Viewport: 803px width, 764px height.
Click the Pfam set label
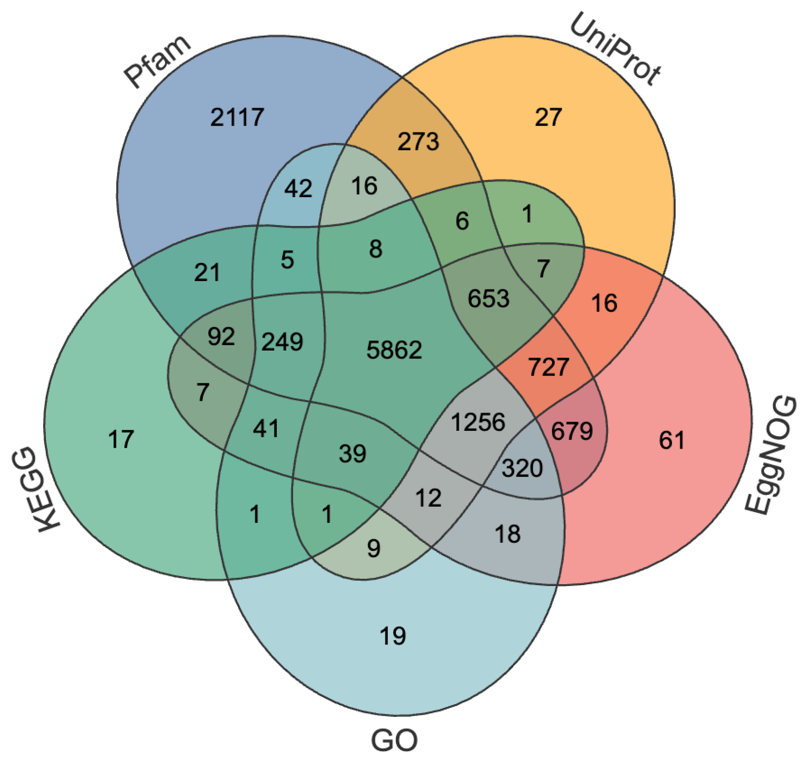[157, 62]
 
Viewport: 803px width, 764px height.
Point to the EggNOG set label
[771, 455]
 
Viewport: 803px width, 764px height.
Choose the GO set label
[394, 741]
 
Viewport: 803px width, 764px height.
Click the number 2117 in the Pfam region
[237, 117]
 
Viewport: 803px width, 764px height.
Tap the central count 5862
[394, 350]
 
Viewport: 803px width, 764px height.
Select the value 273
[418, 141]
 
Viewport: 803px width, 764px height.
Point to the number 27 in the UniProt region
[548, 117]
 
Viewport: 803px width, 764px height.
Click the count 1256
[478, 422]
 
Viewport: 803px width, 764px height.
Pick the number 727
[548, 367]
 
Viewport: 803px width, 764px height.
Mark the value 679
[572, 431]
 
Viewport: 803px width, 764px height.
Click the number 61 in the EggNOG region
[671, 440]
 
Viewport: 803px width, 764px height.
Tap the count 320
[522, 468]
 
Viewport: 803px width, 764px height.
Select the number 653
[488, 298]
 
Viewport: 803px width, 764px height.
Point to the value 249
[282, 342]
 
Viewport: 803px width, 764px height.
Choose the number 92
[221, 336]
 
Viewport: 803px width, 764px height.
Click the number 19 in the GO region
[393, 636]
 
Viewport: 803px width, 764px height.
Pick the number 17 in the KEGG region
[121, 439]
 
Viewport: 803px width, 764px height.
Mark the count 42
[298, 188]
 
